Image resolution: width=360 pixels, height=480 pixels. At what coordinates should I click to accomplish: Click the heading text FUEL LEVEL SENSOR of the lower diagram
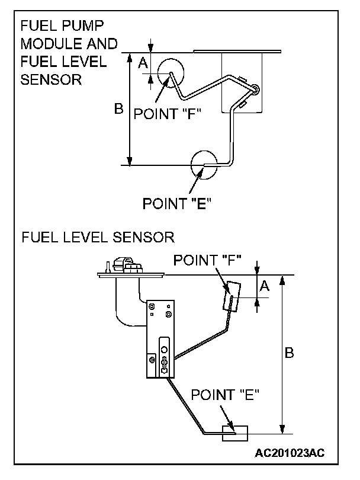[98, 238]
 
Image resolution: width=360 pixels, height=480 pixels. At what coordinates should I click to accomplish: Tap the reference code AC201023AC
[290, 453]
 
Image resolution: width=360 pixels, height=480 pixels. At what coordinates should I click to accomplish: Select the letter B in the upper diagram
[118, 109]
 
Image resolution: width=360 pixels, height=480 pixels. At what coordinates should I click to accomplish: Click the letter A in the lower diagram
[265, 286]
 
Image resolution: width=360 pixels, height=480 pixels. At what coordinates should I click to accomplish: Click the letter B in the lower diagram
[290, 353]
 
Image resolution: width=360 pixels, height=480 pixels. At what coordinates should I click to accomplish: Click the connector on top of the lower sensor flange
[126, 264]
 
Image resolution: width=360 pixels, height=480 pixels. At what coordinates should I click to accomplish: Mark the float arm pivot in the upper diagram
[255, 89]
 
